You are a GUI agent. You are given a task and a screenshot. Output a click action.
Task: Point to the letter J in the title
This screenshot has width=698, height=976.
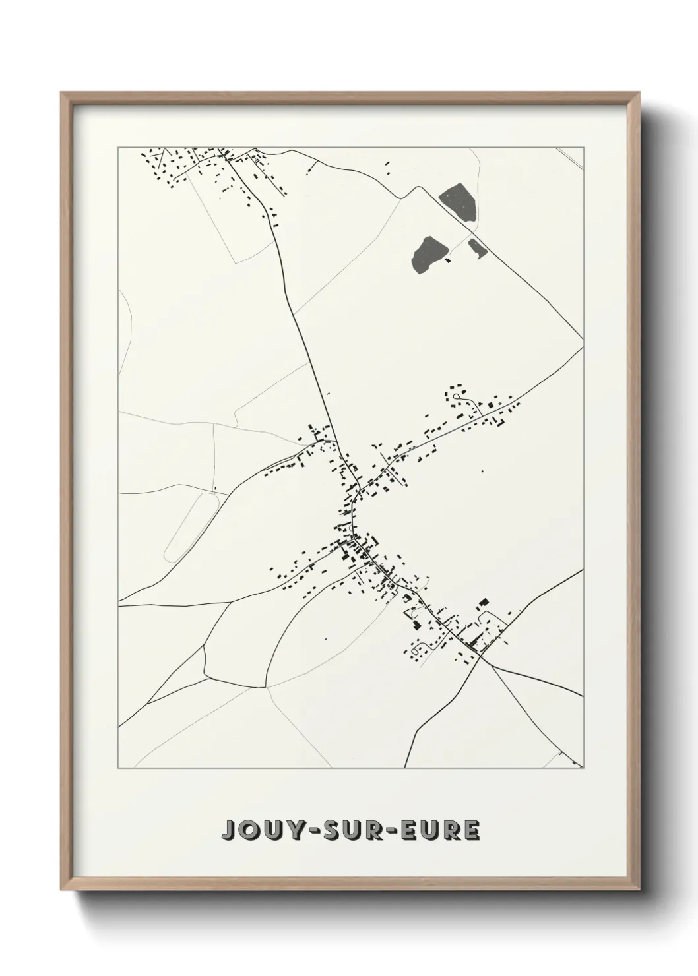230,830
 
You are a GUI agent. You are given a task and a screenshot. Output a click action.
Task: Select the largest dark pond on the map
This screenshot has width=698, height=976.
457,201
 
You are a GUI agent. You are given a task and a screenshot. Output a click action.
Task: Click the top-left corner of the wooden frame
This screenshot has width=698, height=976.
61,93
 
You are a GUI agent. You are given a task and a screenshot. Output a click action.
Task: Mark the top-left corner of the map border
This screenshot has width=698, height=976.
118,148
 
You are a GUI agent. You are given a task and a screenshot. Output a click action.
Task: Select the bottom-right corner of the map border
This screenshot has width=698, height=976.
584,768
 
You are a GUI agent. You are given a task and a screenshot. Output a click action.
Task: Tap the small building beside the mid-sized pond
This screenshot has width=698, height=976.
449,261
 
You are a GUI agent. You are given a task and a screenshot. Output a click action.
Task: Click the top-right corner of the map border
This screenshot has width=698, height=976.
584,148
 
